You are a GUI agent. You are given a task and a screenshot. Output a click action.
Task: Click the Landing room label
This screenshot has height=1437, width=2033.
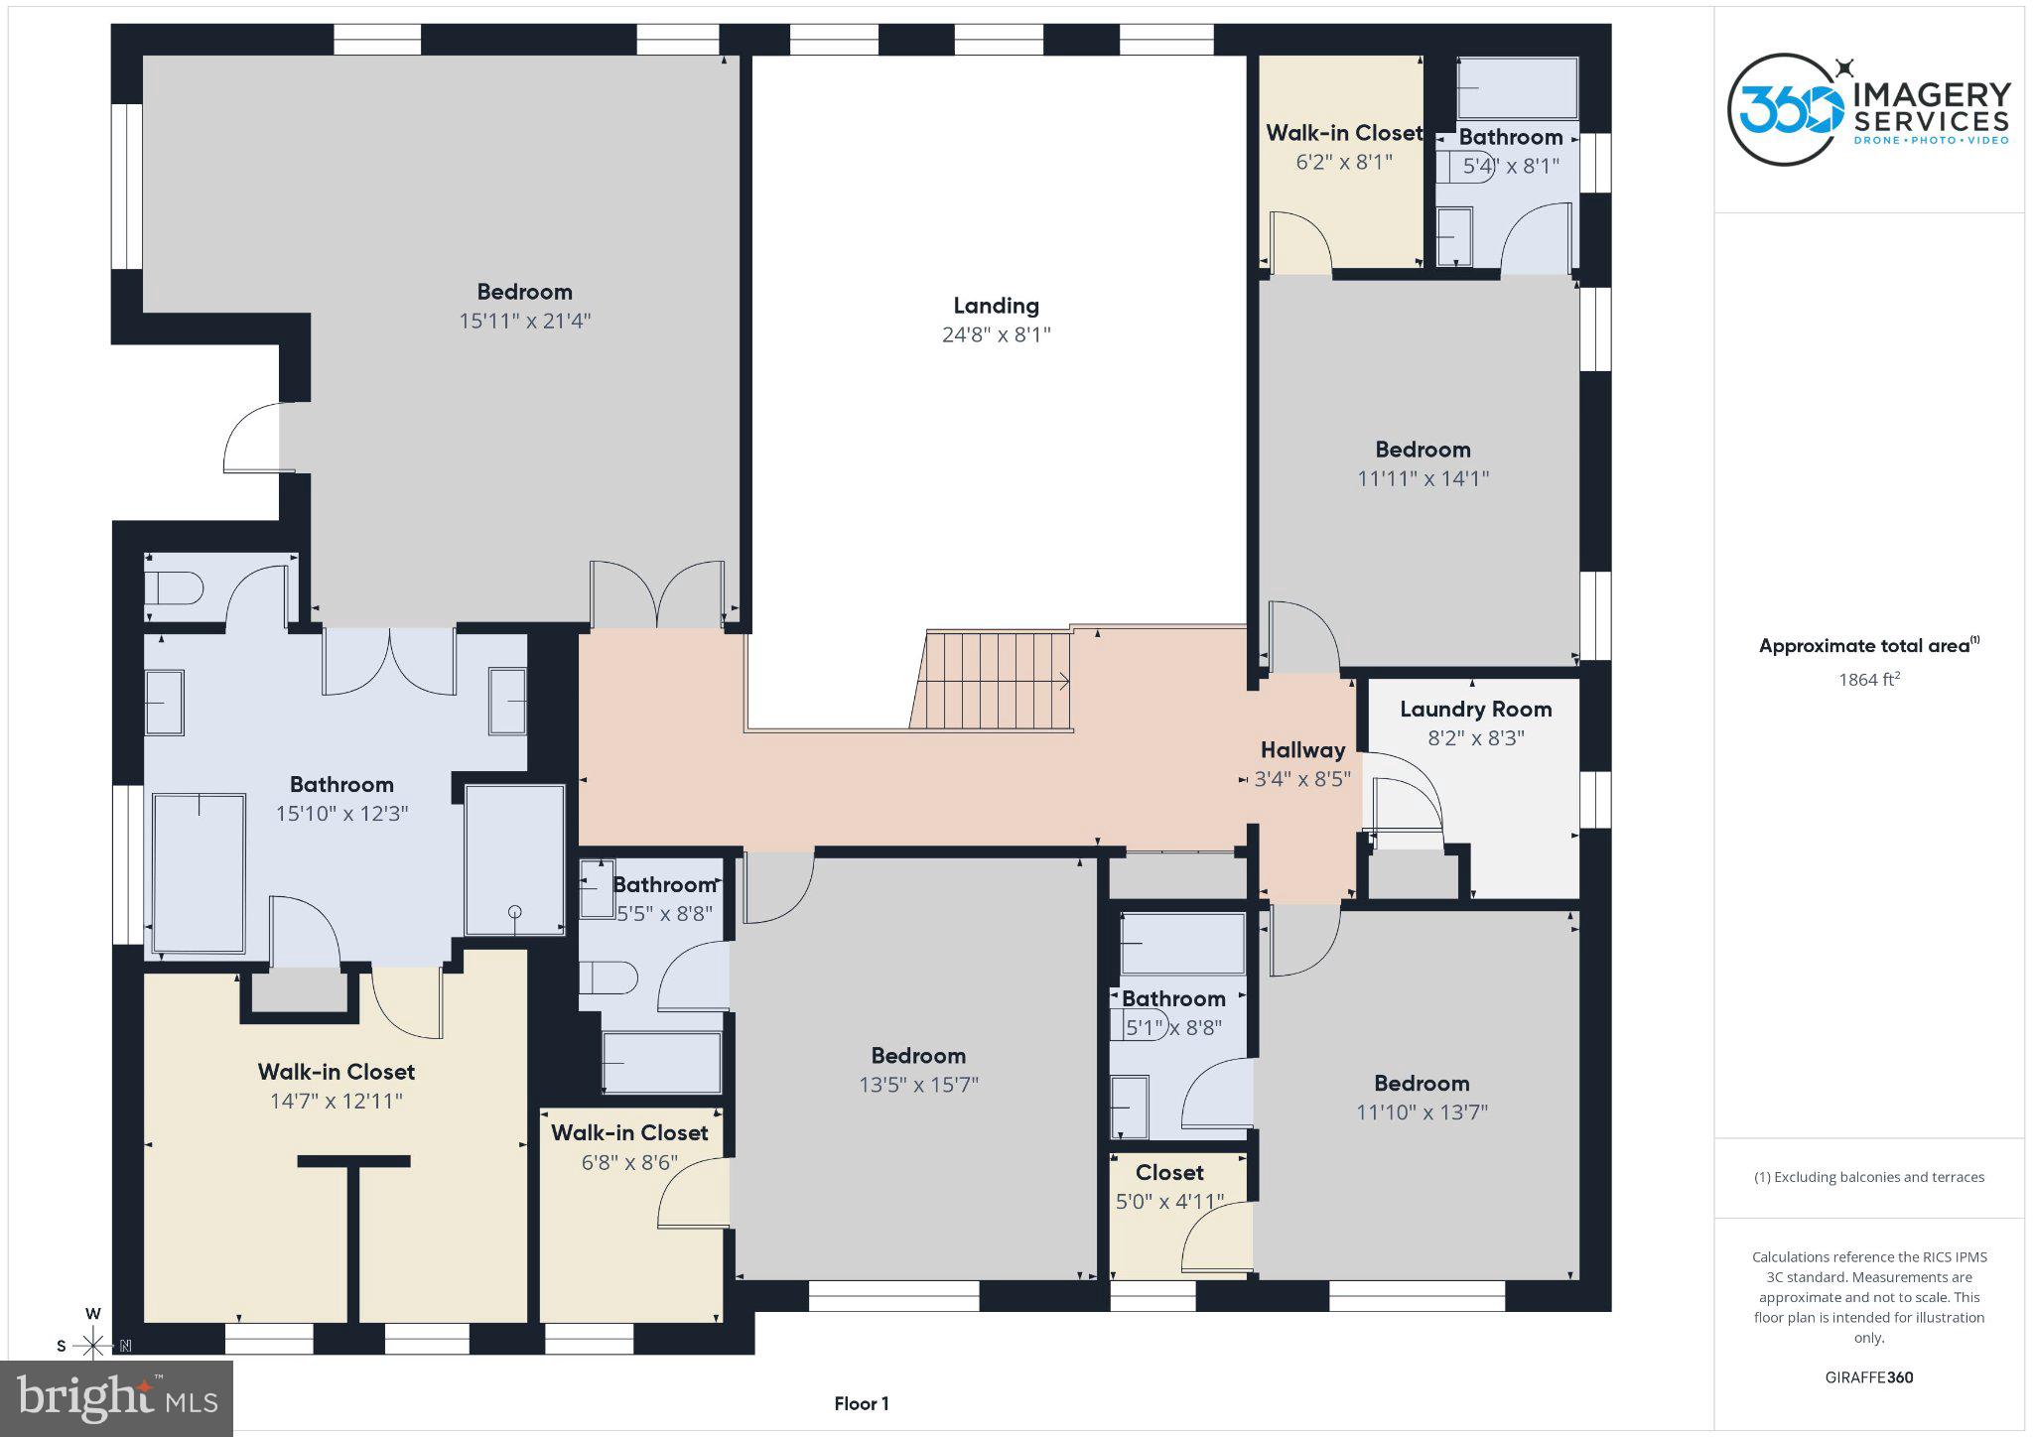(996, 306)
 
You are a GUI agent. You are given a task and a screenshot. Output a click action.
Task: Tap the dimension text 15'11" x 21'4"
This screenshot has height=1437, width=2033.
(524, 321)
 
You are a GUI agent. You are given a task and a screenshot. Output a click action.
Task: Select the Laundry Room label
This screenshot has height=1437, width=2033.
(1475, 710)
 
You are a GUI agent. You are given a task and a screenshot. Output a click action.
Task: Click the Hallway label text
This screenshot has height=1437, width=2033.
(1302, 750)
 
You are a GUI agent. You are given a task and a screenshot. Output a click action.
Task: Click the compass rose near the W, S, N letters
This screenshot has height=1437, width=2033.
(93, 1345)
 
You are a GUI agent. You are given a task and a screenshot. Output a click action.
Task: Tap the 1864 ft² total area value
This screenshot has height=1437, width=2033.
(1868, 680)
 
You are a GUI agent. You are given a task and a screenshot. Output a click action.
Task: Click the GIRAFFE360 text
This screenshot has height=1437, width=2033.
(1868, 1377)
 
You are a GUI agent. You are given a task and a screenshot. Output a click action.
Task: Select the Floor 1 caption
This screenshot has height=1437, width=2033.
(861, 1403)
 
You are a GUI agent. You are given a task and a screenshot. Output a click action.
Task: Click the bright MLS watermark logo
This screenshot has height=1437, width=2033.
(116, 1398)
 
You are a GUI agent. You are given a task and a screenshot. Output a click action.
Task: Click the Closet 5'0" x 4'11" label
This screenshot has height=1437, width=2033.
(1169, 1173)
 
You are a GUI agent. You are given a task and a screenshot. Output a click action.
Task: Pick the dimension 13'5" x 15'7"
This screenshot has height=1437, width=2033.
(918, 1085)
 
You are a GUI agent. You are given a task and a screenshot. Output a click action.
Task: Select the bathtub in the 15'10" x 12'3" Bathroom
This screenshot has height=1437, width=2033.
(200, 873)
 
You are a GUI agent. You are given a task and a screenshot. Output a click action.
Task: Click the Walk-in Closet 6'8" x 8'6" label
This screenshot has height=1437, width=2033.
(629, 1133)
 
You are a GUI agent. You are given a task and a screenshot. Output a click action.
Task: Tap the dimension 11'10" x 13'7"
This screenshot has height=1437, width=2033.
(1422, 1112)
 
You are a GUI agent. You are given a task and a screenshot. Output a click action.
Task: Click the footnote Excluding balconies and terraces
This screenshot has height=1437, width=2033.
(1868, 1177)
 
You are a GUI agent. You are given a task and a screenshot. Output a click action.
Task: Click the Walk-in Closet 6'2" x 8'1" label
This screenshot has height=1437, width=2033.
(1343, 133)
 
